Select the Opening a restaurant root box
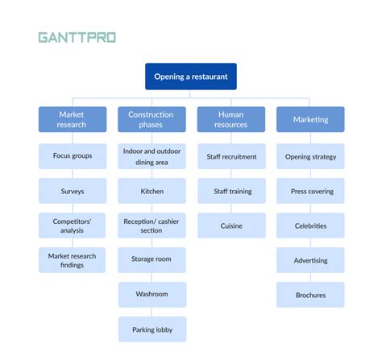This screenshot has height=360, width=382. (x=191, y=77)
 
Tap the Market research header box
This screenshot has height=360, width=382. (x=72, y=120)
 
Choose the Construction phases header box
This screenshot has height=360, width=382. (x=151, y=120)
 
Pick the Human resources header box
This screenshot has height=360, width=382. (x=231, y=120)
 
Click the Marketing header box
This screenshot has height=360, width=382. (x=310, y=120)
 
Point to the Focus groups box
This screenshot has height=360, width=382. (x=72, y=156)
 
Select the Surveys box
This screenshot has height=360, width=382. (x=72, y=192)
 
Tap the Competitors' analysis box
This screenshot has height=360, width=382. (x=72, y=226)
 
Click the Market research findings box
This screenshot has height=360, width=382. (x=72, y=260)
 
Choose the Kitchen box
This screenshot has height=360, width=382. (x=151, y=192)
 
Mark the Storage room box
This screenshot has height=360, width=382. (x=151, y=260)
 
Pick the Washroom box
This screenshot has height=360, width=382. (x=151, y=295)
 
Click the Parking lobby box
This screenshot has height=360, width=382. (x=151, y=329)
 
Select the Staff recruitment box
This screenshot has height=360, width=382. (x=231, y=156)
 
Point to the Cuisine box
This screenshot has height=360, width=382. (x=231, y=226)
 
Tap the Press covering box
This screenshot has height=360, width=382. (x=310, y=192)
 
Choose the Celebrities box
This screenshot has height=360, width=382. (x=310, y=226)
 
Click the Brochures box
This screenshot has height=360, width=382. (x=310, y=295)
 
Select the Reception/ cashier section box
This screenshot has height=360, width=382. (x=151, y=226)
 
